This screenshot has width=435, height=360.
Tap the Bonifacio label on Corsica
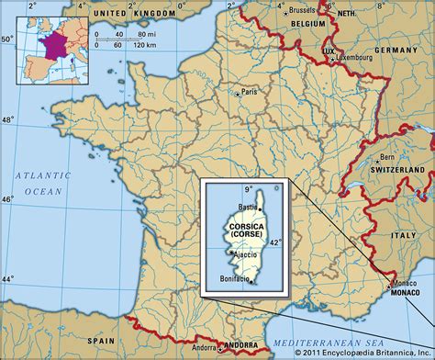237,278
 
